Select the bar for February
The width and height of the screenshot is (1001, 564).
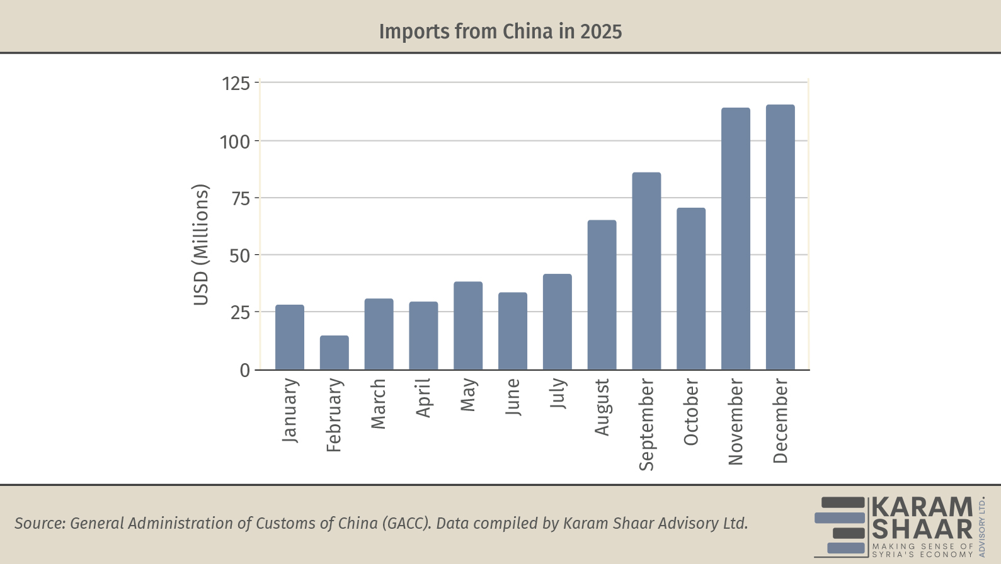(x=334, y=352)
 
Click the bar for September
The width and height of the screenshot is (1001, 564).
(x=646, y=271)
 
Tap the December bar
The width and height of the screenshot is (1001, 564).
(x=780, y=237)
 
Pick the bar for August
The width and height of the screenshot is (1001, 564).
(x=602, y=295)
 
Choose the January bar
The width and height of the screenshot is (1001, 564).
(x=290, y=337)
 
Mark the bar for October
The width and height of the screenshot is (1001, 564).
(x=691, y=288)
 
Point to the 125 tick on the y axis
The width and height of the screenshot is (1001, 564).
(x=236, y=83)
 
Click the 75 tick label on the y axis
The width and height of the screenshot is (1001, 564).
(x=241, y=199)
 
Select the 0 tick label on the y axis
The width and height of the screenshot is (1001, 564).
(x=244, y=371)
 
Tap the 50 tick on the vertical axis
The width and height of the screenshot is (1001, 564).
(x=239, y=256)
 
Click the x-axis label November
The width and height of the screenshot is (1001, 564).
(x=735, y=422)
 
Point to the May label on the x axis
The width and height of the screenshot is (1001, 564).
(x=468, y=395)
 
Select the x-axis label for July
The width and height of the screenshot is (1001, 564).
(x=558, y=393)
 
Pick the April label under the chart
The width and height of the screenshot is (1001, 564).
(x=423, y=398)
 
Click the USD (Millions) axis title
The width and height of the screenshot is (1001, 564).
(x=200, y=245)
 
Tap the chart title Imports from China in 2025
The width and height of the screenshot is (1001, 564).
(x=500, y=31)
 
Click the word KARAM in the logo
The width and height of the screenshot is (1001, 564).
(x=922, y=507)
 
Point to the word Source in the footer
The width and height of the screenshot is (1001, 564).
(x=39, y=523)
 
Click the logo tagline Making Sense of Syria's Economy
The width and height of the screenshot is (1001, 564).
(x=922, y=550)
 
